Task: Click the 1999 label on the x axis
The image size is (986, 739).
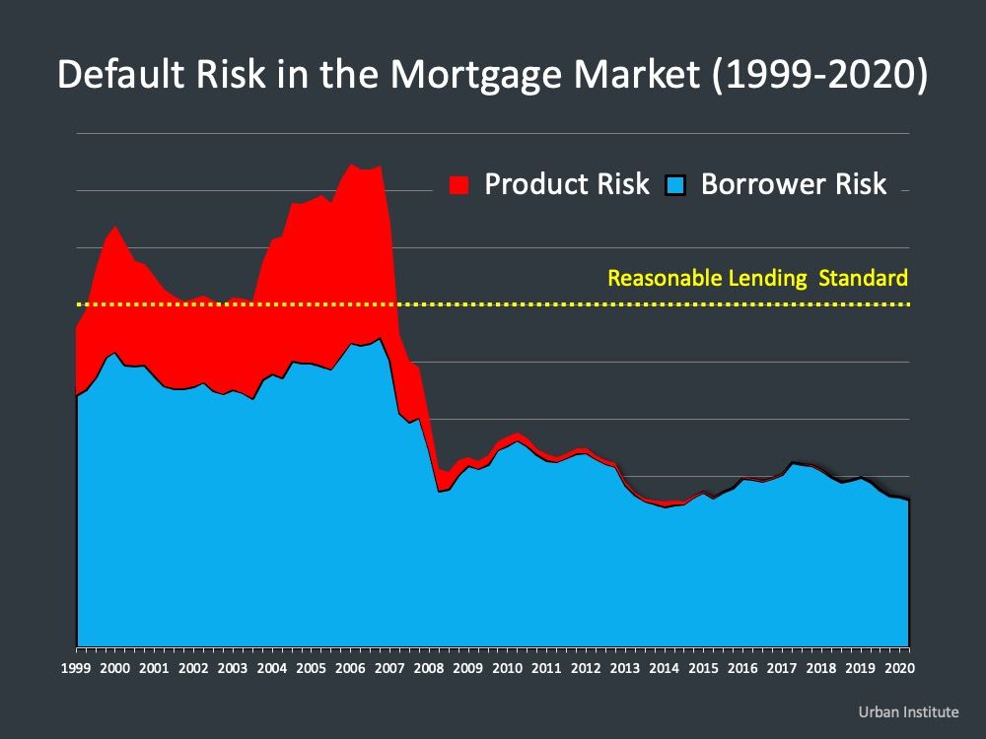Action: coord(76,668)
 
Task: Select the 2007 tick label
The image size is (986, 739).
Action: coord(389,668)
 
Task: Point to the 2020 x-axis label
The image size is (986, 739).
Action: coord(900,668)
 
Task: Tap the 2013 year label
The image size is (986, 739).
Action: coord(625,668)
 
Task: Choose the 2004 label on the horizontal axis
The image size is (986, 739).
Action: coord(272,668)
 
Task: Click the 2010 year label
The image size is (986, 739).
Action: coord(508,668)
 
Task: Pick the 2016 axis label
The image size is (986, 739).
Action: coord(742,668)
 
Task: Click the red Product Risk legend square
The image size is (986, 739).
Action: coord(459,185)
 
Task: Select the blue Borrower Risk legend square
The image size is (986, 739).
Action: coord(675,185)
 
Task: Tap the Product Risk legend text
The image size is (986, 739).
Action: coord(567,184)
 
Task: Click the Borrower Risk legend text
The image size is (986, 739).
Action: coord(794,184)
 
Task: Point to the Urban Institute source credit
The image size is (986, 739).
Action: coord(909,712)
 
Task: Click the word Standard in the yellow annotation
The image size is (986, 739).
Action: coord(864,278)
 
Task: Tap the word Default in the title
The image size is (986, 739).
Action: coord(119,74)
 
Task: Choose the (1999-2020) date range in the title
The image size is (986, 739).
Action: coord(819,75)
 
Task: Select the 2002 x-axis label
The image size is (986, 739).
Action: coord(193,668)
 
